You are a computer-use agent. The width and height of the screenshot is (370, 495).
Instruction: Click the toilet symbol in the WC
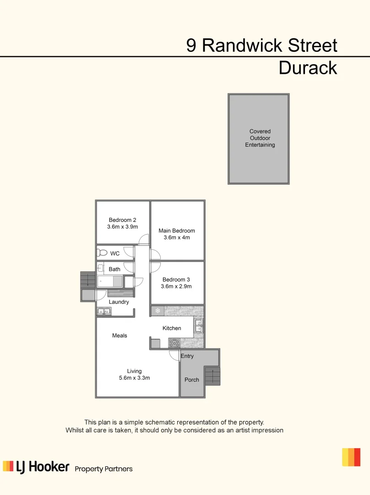(102, 253)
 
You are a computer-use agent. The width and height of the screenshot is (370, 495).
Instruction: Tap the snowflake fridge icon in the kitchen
(158, 311)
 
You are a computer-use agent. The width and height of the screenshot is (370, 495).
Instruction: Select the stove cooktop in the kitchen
(174, 342)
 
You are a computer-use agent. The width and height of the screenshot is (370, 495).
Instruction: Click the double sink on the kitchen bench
(199, 325)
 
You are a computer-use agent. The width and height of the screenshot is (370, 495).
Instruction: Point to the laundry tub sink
(103, 312)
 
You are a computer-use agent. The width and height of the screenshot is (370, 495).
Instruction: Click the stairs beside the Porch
(212, 376)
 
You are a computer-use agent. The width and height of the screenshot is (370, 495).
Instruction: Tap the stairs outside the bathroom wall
(87, 280)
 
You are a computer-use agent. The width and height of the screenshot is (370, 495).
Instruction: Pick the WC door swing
(128, 251)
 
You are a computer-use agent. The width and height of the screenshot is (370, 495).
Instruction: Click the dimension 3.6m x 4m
(177, 237)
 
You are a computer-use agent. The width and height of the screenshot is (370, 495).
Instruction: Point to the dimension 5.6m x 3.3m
(134, 378)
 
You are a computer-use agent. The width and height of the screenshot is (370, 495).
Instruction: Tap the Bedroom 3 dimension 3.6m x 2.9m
(176, 286)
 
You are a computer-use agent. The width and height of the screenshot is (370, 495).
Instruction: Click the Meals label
(120, 335)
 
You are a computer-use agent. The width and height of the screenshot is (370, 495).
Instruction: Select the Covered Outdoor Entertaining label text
(260, 138)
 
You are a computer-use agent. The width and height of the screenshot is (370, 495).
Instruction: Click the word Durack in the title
(308, 68)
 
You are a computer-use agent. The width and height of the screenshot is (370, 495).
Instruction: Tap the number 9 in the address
(191, 45)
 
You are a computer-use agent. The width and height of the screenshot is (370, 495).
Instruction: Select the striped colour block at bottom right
(351, 457)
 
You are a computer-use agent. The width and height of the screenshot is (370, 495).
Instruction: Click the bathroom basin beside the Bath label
(101, 269)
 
